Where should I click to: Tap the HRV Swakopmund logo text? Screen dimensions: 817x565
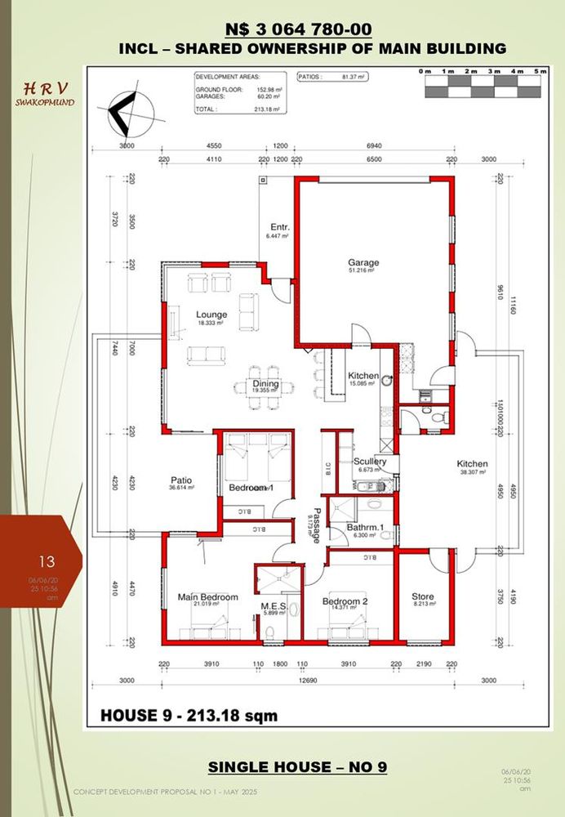pyautogui.click(x=46, y=94)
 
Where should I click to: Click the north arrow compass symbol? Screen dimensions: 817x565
pyautogui.click(x=129, y=115)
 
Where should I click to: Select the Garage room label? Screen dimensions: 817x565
pyautogui.click(x=364, y=263)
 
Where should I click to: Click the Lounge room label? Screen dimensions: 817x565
pyautogui.click(x=211, y=315)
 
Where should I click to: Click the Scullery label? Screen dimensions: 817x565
pyautogui.click(x=370, y=462)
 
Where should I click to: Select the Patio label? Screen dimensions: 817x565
pyautogui.click(x=180, y=480)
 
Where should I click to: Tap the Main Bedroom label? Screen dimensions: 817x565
pyautogui.click(x=207, y=597)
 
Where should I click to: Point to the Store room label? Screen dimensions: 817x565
pyautogui.click(x=423, y=596)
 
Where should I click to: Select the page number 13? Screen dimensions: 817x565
pyautogui.click(x=47, y=561)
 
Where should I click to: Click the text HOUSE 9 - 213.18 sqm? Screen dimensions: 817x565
pyautogui.click(x=189, y=717)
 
